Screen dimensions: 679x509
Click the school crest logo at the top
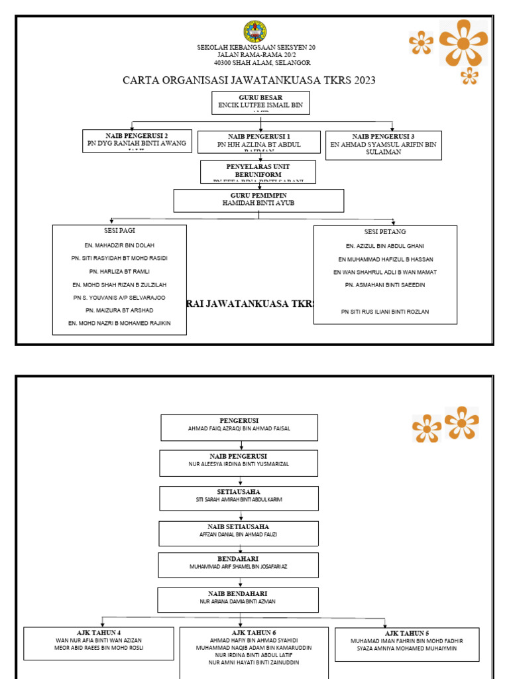254,31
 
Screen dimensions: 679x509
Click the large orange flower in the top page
463,42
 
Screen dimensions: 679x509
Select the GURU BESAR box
260,103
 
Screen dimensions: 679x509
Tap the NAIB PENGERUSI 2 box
137,141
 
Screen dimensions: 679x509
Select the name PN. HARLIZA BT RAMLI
119,271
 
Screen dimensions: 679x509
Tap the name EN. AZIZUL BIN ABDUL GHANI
385,246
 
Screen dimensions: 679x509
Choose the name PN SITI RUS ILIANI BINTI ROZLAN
385,312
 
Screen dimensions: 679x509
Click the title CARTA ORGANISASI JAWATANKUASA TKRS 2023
249,80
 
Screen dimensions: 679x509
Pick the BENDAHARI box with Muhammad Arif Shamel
239,565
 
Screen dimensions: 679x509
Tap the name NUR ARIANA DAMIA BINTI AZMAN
238,601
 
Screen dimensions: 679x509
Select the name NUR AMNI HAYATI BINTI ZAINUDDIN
254,662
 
